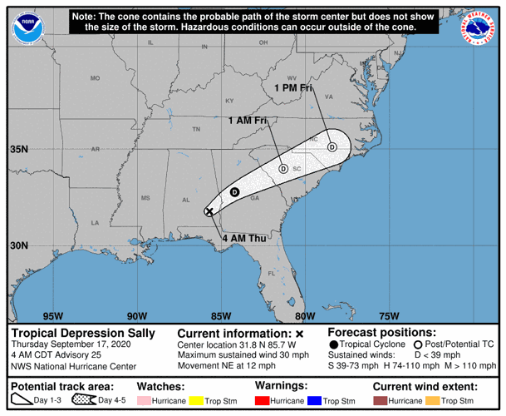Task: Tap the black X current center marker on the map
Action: pyautogui.click(x=209, y=211)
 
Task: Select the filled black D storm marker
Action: pyautogui.click(x=234, y=192)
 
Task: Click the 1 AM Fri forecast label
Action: pyautogui.click(x=247, y=121)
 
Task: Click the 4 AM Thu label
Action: pyautogui.click(x=244, y=240)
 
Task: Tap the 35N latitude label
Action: pyautogui.click(x=19, y=150)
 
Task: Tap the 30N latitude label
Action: pyautogui.click(x=19, y=245)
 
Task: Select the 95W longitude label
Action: pyautogui.click(x=52, y=315)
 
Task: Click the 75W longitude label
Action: pyautogui.click(x=388, y=315)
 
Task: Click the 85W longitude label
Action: pyautogui.click(x=220, y=315)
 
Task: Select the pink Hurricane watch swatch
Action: pyautogui.click(x=143, y=401)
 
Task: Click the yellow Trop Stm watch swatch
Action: pyautogui.click(x=195, y=401)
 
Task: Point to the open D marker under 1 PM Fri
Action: pyautogui.click(x=332, y=147)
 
